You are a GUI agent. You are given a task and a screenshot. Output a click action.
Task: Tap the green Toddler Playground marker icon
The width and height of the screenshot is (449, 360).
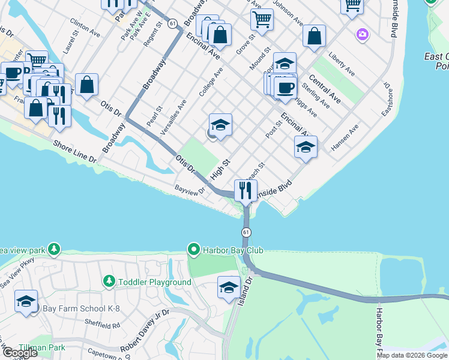[x=109, y=281]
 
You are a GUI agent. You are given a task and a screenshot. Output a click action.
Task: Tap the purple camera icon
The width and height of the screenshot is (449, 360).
[x=362, y=34]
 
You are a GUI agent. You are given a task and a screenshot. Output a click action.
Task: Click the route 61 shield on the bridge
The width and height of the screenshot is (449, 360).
[x=246, y=232]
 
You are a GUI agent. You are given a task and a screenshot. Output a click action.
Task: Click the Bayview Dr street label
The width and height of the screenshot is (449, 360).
[x=190, y=190]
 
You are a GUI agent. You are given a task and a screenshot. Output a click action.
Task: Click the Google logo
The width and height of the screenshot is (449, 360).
[x=19, y=353]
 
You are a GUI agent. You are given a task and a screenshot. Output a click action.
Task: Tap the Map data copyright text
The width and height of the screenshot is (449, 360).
[x=412, y=355]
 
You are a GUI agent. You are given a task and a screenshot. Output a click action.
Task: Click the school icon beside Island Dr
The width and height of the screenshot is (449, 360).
[x=229, y=287]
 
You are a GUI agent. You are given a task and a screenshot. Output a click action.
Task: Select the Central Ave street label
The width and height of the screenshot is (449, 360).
[x=325, y=89]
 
